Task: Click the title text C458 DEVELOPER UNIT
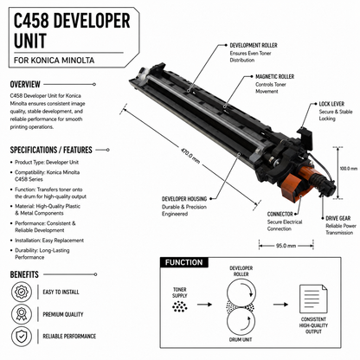point(72,30)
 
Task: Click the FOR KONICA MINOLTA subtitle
point(55,61)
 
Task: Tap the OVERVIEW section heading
point(25,84)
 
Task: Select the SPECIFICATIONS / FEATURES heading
point(51,150)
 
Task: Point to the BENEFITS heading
point(24,274)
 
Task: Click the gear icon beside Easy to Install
point(22,292)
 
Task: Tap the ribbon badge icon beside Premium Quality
point(22,314)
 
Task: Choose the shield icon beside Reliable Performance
point(22,336)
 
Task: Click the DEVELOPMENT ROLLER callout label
point(254,45)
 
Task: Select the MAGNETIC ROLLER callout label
point(274,76)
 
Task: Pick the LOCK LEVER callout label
point(331,104)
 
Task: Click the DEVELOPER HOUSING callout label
point(184,199)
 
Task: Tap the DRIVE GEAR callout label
point(338,218)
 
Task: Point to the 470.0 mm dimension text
point(190,155)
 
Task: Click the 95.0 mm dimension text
point(286,246)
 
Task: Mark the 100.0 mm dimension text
point(349,169)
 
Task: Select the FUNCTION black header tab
point(184,262)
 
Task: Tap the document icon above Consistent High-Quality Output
point(313,299)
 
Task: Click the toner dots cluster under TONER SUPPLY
point(180,306)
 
